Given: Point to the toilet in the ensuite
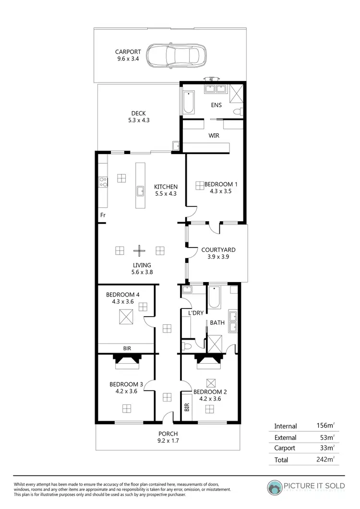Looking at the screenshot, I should coord(236,112).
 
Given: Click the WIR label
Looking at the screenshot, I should coord(214,136).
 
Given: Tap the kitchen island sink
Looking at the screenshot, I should coord(140,191).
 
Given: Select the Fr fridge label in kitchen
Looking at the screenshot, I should coord(103,215).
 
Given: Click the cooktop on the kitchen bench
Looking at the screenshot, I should coord(103,182).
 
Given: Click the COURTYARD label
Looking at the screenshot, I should coord(218,253).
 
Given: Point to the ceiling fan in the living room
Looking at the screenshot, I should coord(139,250).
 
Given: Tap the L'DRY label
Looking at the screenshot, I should coord(196,313).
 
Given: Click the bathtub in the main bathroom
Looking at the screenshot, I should coord(214,297).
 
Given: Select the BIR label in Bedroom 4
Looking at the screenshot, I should coord(127,348).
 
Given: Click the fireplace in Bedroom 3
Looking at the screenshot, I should coord(126,361).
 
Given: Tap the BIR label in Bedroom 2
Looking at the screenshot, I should coord(187,408).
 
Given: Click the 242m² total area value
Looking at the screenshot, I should coord(325,459).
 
